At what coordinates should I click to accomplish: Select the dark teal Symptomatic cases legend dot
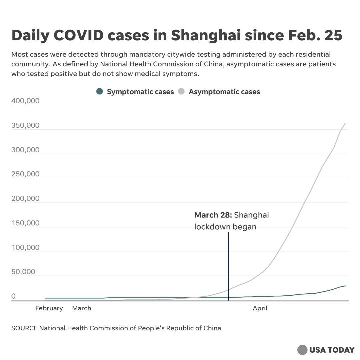click(x=99, y=92)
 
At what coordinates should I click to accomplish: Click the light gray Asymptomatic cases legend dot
click(x=182, y=92)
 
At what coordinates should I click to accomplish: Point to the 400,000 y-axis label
click(x=25, y=101)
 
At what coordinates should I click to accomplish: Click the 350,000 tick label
click(x=25, y=125)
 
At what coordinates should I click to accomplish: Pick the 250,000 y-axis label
click(x=25, y=174)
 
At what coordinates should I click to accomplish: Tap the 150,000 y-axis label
click(x=25, y=223)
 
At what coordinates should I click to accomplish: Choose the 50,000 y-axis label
click(x=23, y=272)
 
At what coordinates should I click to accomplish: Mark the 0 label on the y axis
click(x=14, y=296)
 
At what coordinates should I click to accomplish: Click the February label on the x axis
click(x=49, y=308)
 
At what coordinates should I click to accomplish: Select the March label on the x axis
click(x=82, y=308)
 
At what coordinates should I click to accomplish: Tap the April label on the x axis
click(x=260, y=308)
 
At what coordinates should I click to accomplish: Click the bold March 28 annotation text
click(x=213, y=215)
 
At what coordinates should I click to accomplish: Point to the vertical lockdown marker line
click(x=228, y=267)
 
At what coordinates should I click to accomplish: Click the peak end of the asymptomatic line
click(x=345, y=123)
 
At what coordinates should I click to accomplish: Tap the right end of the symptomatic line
click(x=345, y=286)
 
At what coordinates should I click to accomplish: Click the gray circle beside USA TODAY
click(x=302, y=350)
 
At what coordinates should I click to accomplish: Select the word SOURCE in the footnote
click(x=24, y=328)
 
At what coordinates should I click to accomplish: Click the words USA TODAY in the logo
click(x=332, y=350)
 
